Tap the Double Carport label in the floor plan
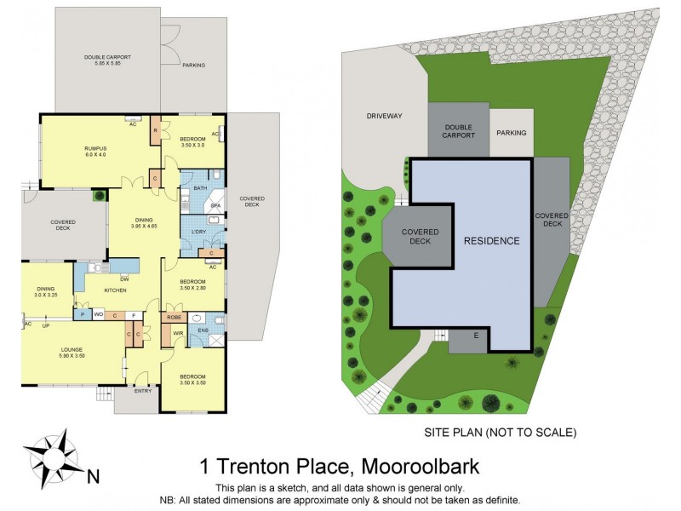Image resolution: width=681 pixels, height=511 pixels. [x=107, y=61]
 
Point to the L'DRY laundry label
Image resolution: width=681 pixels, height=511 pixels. [x=200, y=232]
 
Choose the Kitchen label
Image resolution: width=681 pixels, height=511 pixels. [x=115, y=290]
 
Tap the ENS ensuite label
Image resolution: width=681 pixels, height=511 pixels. [x=203, y=330]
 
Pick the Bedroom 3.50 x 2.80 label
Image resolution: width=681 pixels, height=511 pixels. [x=192, y=285]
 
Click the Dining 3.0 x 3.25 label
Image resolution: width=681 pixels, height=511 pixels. [x=45, y=290]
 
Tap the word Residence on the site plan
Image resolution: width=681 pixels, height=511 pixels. [x=491, y=241]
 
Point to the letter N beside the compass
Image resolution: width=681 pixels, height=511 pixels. [x=95, y=475]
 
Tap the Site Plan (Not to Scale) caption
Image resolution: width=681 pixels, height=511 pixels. [x=500, y=433]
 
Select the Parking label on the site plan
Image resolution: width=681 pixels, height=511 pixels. [x=512, y=133]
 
